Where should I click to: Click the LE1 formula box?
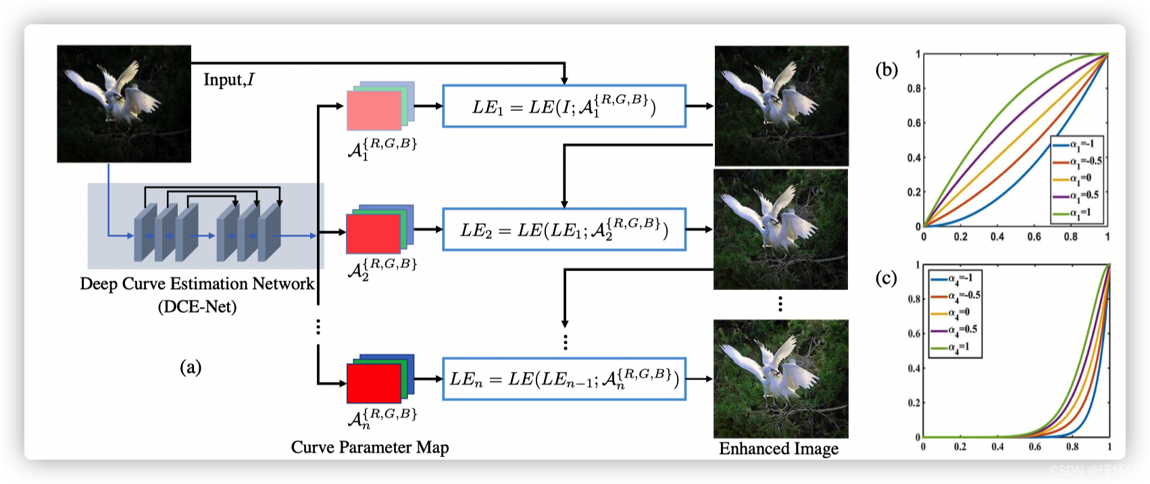[564, 106]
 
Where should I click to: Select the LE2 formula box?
[564, 230]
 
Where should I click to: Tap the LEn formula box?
[564, 379]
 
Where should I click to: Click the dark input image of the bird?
[124, 103]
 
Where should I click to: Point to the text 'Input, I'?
[229, 80]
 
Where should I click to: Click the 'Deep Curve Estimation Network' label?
[197, 284]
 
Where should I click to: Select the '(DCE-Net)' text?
[197, 307]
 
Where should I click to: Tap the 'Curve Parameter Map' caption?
[370, 447]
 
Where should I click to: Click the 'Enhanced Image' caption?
[778, 449]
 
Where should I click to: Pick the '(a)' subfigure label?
[191, 367]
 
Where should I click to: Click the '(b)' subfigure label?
[886, 70]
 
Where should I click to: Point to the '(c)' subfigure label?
[886, 278]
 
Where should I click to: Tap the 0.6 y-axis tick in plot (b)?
[914, 123]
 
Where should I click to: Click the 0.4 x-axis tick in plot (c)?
[997, 447]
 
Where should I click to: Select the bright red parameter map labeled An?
[374, 383]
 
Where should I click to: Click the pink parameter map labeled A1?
[374, 110]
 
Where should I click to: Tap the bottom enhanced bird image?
[780, 379]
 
